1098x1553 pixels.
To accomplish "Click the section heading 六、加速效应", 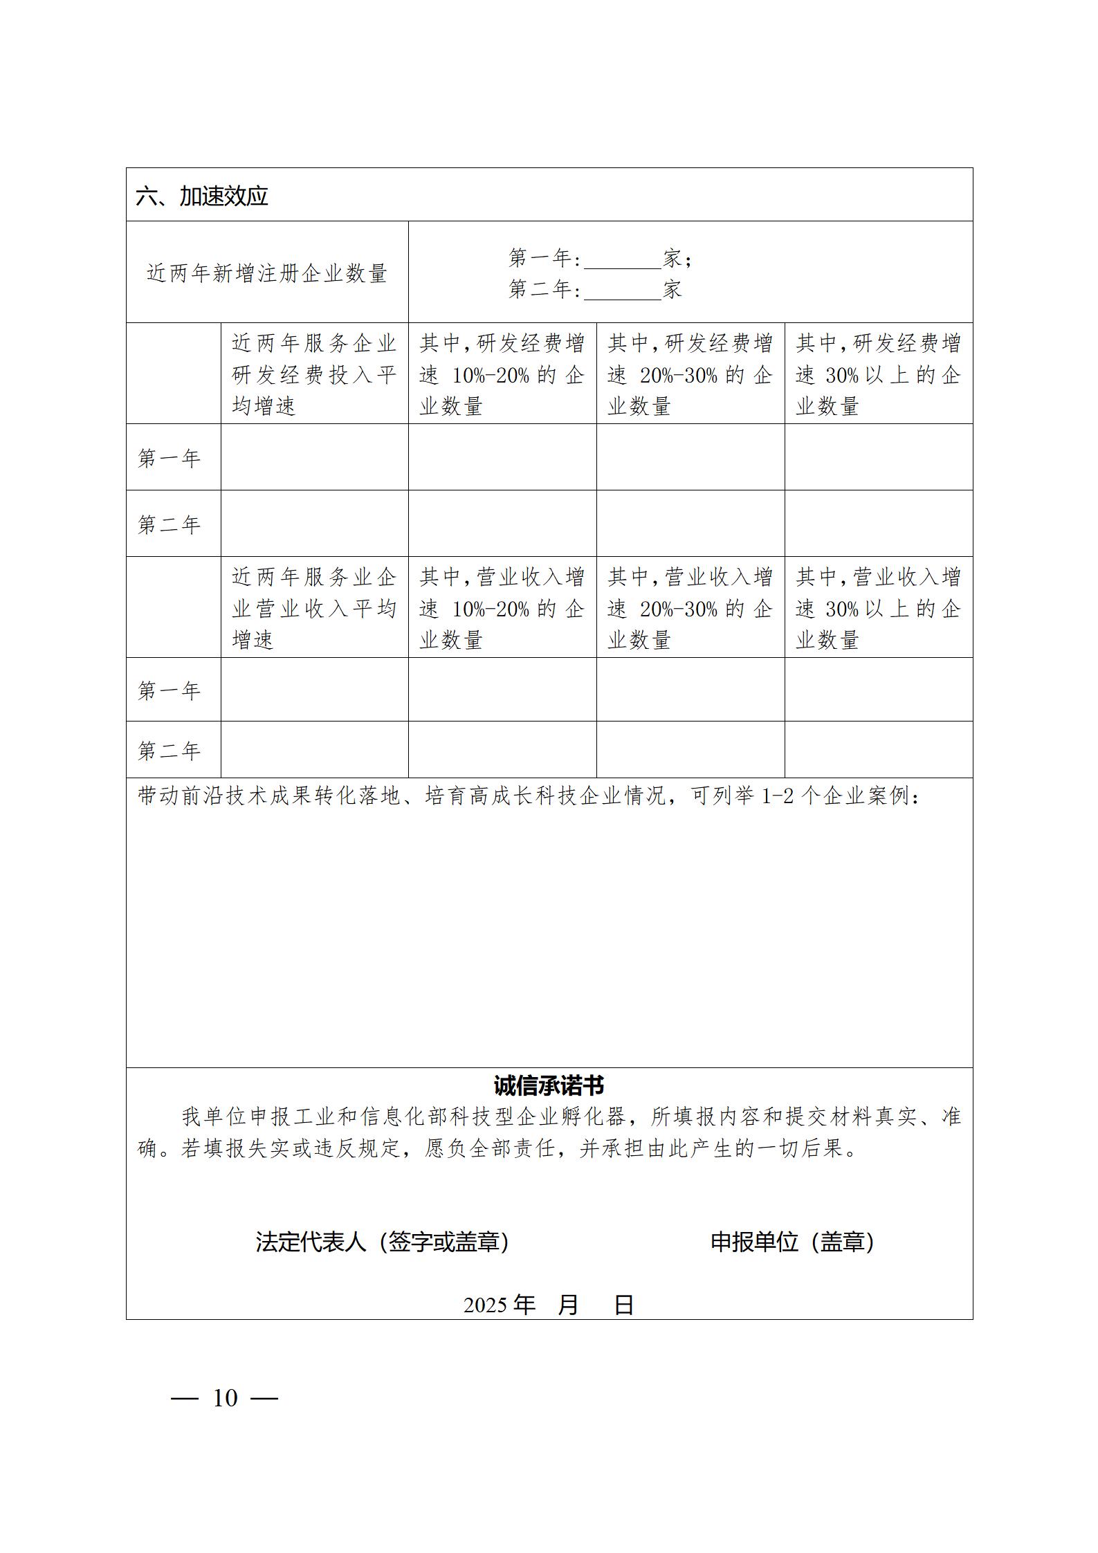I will point(202,196).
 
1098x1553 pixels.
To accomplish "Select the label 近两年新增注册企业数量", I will point(266,273).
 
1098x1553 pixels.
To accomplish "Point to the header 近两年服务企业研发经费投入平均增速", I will point(314,374).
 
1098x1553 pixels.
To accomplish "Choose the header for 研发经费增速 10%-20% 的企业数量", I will point(502,374).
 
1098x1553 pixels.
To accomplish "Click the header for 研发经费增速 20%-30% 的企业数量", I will point(690,374).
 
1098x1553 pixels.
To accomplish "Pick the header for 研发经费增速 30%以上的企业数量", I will point(878,374).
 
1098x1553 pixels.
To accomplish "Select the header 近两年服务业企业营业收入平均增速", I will point(314,607).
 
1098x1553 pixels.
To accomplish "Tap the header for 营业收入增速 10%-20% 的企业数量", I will point(502,607).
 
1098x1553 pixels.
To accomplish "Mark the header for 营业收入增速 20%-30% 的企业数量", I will point(690,607).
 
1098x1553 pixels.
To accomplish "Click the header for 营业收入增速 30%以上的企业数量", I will point(878,607).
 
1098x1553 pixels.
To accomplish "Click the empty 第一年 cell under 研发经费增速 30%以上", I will point(878,457).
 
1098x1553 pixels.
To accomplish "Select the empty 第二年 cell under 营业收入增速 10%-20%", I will point(502,749).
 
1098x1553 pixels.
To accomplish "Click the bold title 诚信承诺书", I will point(549,1085).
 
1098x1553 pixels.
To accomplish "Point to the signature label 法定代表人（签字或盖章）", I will point(383,1242).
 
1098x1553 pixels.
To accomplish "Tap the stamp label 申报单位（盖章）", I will point(792,1242).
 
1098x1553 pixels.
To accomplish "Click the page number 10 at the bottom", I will point(225,1398).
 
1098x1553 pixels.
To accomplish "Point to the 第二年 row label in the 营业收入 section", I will point(170,751).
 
